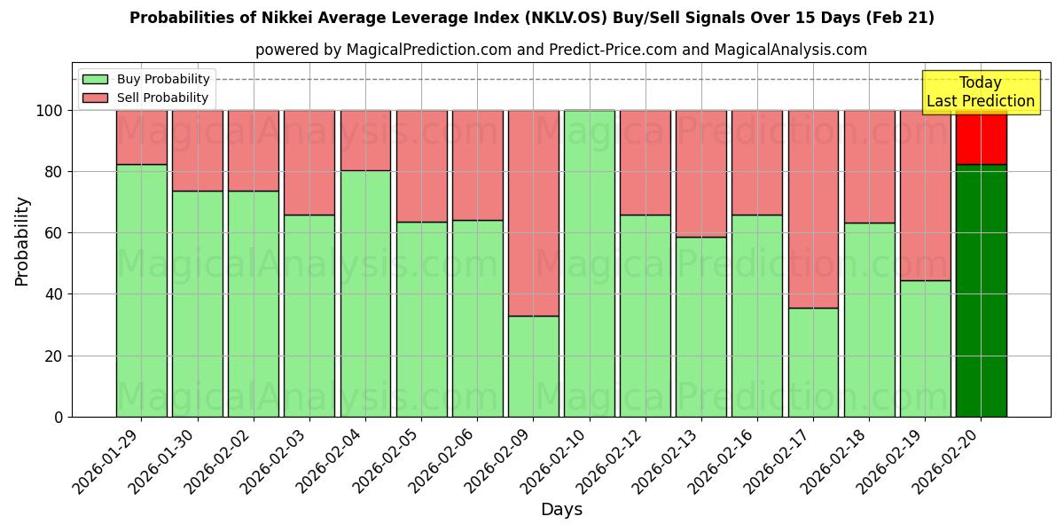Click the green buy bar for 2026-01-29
pos(141,290)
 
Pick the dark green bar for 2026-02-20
pos(981,290)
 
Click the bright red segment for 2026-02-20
pos(981,137)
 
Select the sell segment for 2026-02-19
pos(925,195)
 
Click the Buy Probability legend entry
pos(146,79)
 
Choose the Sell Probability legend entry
pos(146,98)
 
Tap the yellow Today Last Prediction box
pos(980,92)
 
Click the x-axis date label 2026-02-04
pos(332,458)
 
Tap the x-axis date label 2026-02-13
pos(667,458)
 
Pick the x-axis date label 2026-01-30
pos(164,458)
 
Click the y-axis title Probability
pos(22,241)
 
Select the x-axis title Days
pos(561,510)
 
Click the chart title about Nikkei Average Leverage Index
pos(531,18)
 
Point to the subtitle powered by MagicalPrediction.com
pos(560,50)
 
